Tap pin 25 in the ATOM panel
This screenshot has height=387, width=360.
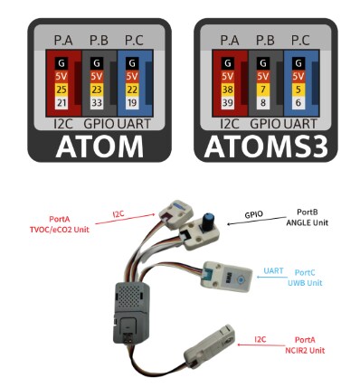[61, 91]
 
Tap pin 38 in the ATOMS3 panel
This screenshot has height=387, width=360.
[227, 91]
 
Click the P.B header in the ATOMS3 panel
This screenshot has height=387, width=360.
[263, 40]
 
